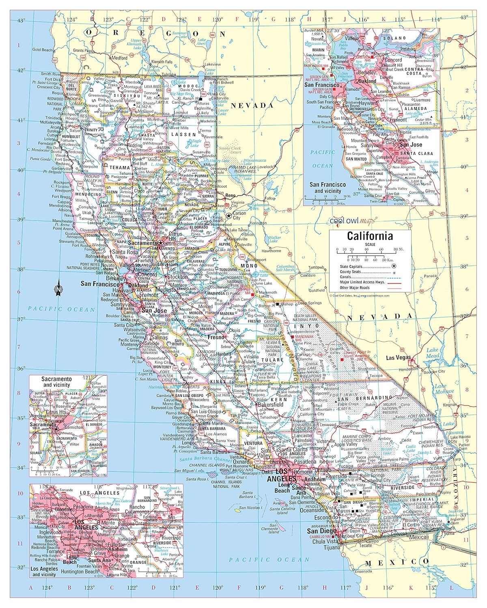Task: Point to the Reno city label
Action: [231, 196]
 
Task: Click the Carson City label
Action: [239, 215]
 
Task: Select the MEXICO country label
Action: [396, 562]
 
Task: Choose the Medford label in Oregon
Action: [119, 58]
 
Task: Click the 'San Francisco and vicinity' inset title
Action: [328, 188]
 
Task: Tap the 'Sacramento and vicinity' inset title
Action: [57, 381]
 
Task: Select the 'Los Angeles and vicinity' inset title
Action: [44, 572]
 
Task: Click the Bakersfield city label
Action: [271, 405]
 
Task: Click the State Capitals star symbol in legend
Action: [394, 266]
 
